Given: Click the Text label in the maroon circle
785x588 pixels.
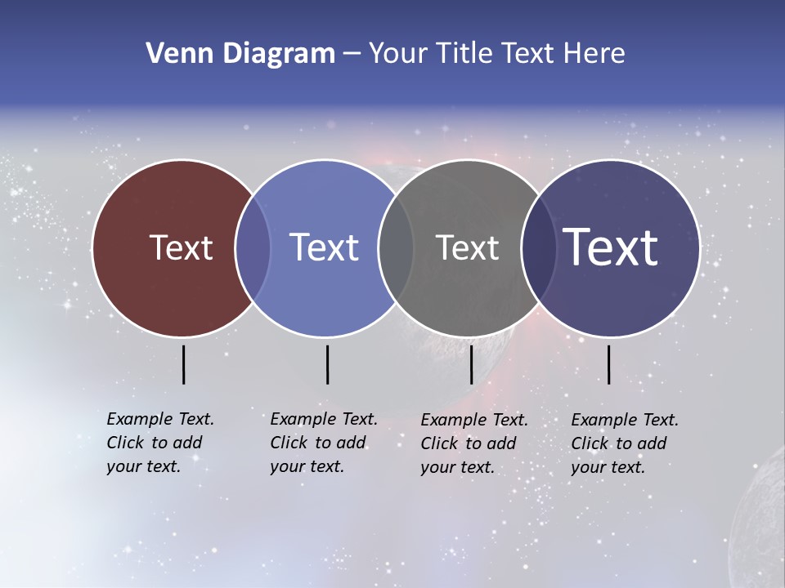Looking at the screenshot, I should (x=181, y=247).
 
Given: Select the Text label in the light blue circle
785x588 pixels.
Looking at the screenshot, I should (x=324, y=247).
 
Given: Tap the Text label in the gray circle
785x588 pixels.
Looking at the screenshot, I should (x=467, y=247).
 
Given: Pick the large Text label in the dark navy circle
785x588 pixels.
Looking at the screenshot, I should (x=611, y=247).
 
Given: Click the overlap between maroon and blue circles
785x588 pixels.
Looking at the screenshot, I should (x=253, y=248).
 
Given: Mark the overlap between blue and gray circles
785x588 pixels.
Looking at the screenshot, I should (x=396, y=248).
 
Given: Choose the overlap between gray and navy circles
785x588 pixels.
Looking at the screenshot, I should (x=538, y=248).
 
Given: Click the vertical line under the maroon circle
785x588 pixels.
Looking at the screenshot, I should (x=183, y=364).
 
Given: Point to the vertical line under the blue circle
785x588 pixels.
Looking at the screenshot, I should (x=327, y=364).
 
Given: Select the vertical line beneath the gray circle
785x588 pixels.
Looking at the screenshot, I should (x=471, y=364).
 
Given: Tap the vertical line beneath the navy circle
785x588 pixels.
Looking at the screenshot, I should (x=608, y=364).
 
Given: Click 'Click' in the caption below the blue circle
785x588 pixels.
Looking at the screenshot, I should (x=289, y=443).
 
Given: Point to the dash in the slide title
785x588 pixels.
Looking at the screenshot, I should (x=352, y=55).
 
